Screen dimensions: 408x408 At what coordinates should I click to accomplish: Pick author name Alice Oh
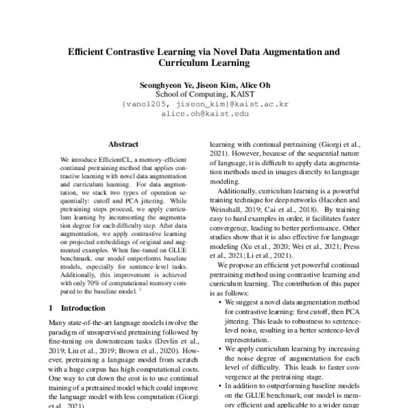coord(253,84)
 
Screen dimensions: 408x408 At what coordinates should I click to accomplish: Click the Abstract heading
coord(123,144)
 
